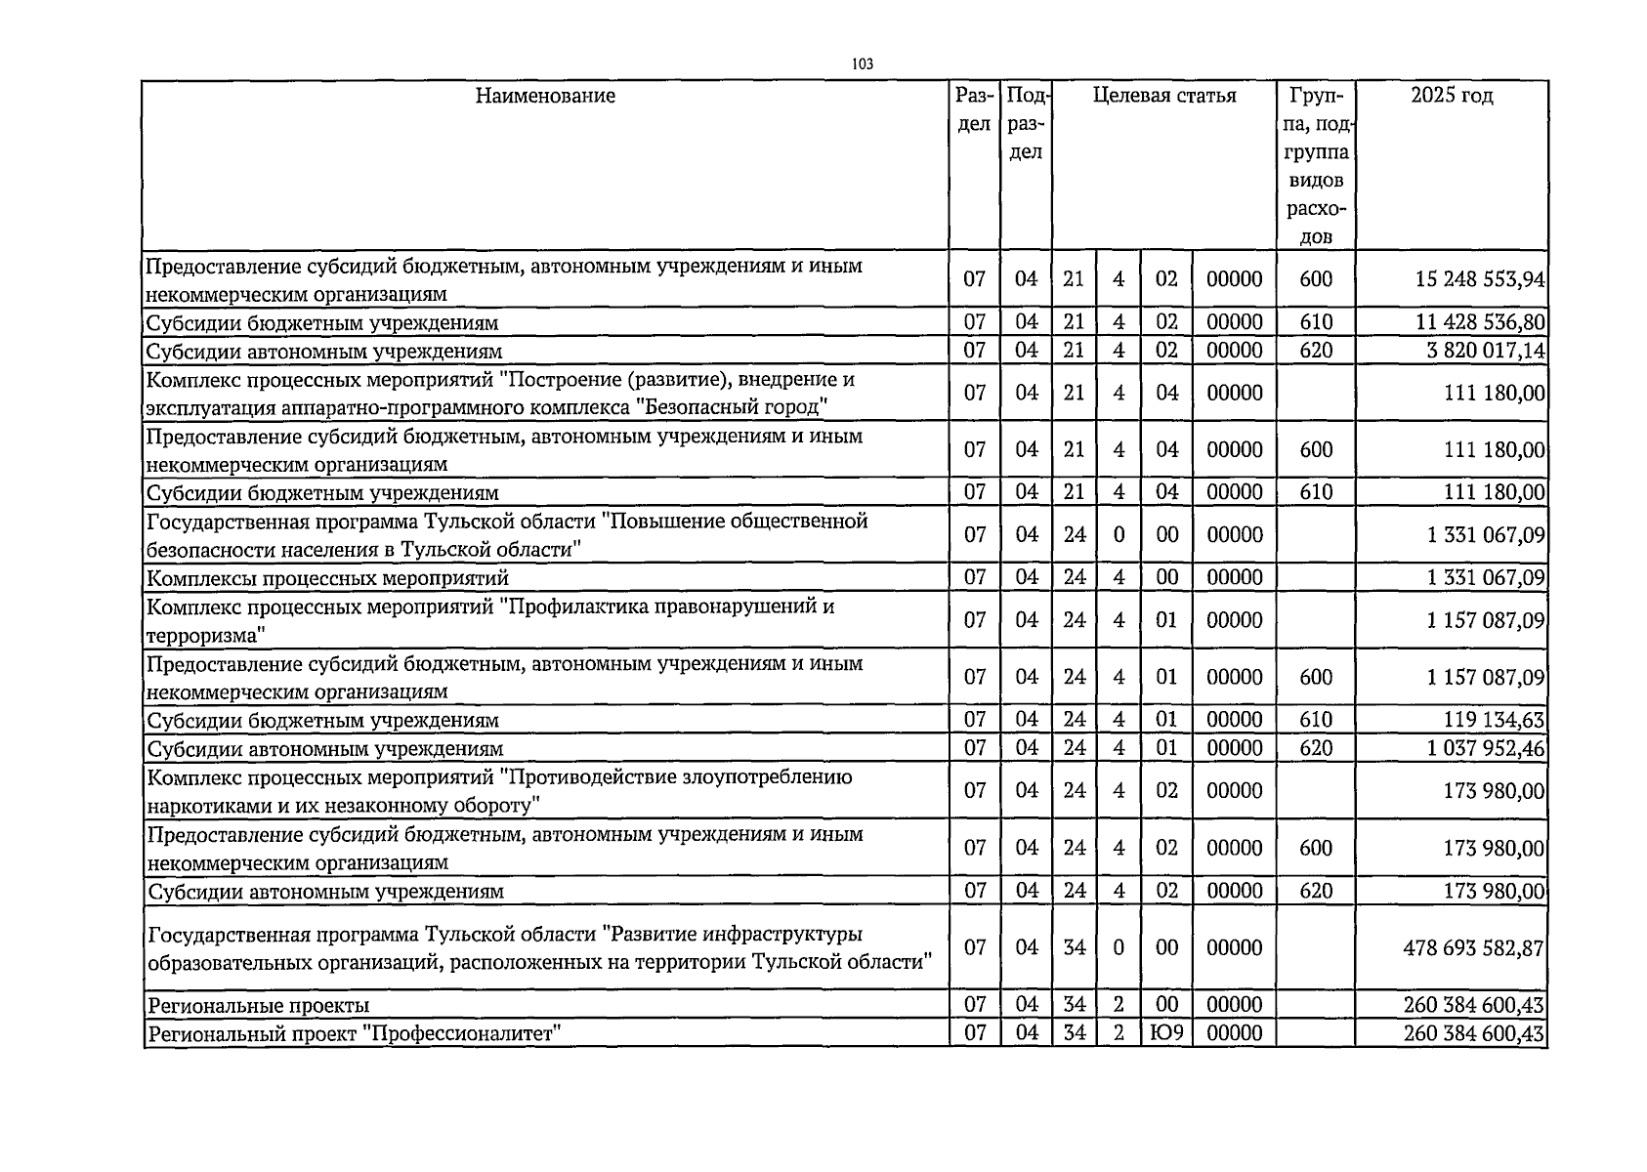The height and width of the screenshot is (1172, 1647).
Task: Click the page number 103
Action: click(x=862, y=64)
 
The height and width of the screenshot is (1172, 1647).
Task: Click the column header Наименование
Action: click(x=545, y=96)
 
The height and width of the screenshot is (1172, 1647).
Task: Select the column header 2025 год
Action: click(x=1452, y=96)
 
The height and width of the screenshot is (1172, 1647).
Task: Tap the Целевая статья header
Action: click(x=1163, y=96)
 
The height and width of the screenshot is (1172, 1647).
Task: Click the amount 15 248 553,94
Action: click(x=1480, y=279)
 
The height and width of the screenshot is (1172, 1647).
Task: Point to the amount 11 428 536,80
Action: click(x=1480, y=322)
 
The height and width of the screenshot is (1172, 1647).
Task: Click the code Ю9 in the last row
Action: click(x=1166, y=1032)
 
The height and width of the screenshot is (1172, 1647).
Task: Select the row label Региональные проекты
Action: click(x=258, y=1005)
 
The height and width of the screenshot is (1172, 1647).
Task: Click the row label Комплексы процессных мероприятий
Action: click(x=327, y=578)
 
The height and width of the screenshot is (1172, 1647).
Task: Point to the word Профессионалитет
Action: click(x=459, y=1033)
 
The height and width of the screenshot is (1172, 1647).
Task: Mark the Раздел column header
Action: click(x=974, y=110)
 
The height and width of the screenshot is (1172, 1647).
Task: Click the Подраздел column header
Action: click(x=1026, y=124)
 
